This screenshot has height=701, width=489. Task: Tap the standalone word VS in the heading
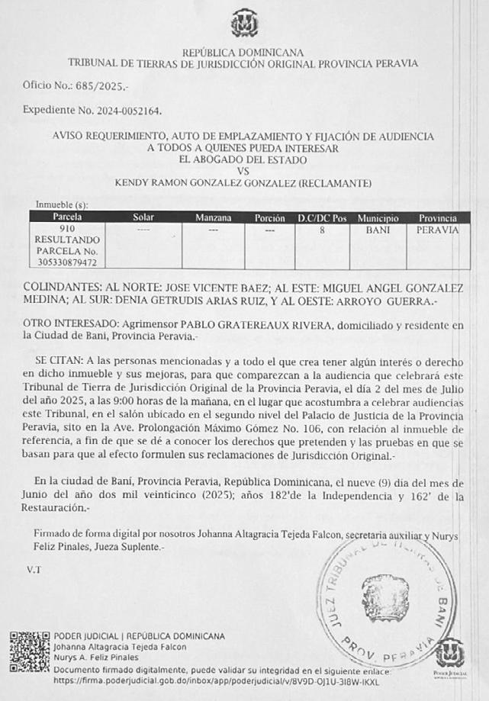243,172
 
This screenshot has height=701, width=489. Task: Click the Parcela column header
67,217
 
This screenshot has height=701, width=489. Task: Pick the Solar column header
143,217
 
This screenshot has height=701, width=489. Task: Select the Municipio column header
378,218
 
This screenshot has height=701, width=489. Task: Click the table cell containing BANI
378,229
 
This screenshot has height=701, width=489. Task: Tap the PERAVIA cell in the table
438,229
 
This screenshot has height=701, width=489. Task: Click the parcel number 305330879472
67,262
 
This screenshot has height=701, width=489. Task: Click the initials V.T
34,569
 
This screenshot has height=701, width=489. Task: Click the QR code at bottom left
30,651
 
